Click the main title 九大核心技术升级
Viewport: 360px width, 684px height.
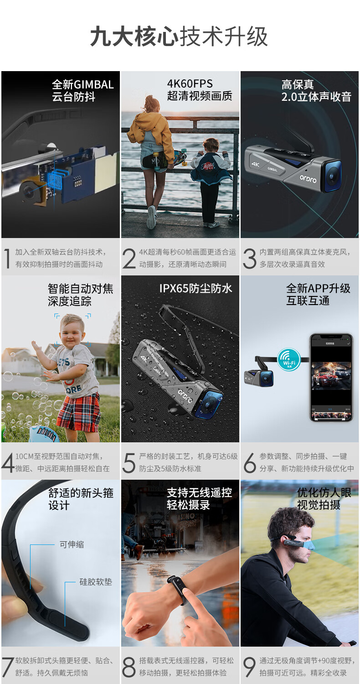[x=179, y=36]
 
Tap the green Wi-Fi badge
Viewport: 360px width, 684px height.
[x=288, y=360]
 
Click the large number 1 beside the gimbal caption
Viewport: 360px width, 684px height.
[x=7, y=259]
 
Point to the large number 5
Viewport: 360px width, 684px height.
[x=129, y=463]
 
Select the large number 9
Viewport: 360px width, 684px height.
[x=250, y=667]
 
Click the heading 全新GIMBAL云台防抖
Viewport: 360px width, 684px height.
[x=82, y=91]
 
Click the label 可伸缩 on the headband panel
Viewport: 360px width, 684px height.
[x=72, y=544]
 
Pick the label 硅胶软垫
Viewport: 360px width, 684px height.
[x=96, y=581]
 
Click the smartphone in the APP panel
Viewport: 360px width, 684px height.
[x=331, y=378]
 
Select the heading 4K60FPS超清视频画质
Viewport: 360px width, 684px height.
[x=200, y=90]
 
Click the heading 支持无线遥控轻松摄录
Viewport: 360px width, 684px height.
[x=200, y=499]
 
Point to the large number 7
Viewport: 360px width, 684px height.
[x=7, y=667]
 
